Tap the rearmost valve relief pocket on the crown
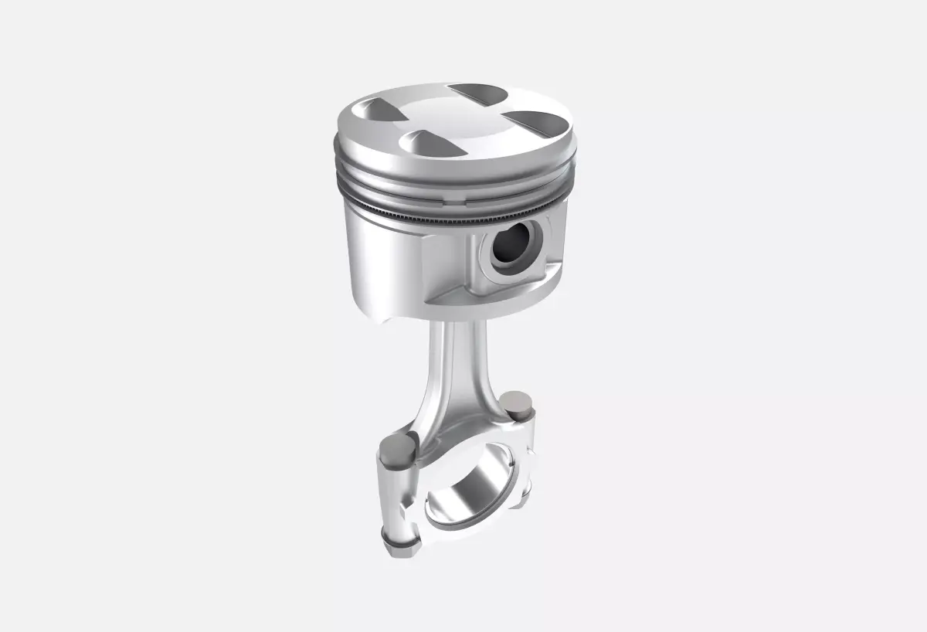point(479,93)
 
